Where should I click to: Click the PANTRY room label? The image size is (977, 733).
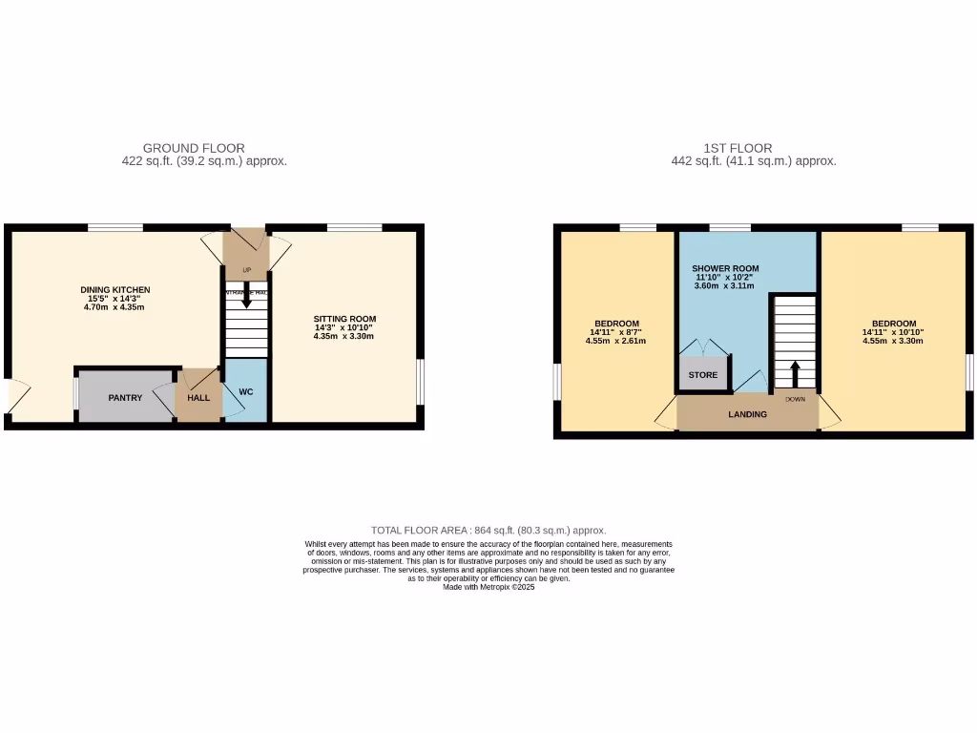pos(125,397)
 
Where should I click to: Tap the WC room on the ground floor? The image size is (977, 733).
pos(246,391)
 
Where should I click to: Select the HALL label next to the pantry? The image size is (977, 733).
pos(198,397)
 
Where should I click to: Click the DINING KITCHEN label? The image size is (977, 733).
pos(115,290)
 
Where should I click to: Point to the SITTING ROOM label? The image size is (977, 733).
pos(345,319)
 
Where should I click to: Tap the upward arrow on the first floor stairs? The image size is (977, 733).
pos(795,371)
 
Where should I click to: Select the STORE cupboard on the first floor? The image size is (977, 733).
pos(703,375)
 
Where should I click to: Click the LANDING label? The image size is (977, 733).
pos(748,414)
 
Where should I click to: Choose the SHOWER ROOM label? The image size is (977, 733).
pos(726,269)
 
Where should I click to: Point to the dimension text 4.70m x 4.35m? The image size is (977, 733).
pos(115,307)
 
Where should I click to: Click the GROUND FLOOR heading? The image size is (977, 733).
pos(194,148)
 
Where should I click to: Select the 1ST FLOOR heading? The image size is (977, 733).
pos(738,148)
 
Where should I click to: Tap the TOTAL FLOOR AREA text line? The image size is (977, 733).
pos(488,530)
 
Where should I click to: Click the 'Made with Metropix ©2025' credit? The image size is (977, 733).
pos(488,588)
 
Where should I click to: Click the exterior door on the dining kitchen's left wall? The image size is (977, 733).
pos(11,396)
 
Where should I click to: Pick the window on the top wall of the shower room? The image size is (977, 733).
pos(730,227)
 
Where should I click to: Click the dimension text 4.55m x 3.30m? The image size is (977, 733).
pos(893,341)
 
